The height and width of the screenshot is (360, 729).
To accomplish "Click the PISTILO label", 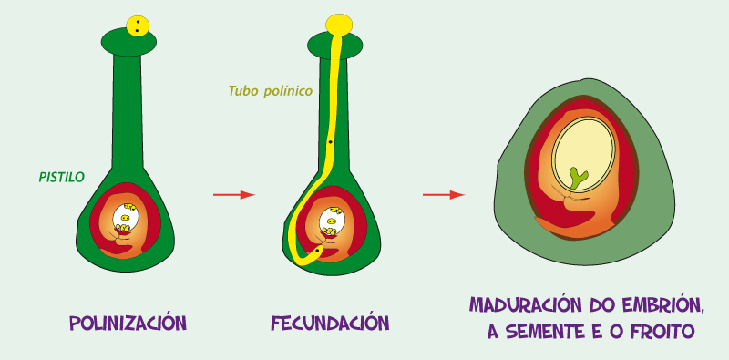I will click(61, 178).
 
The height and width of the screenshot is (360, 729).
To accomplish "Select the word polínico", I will click(289, 91).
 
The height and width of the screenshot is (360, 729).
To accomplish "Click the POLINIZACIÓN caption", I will click(128, 323).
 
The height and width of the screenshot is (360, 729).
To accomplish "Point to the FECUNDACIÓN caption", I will click(330, 323).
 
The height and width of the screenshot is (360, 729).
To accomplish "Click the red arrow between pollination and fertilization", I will click(233, 194).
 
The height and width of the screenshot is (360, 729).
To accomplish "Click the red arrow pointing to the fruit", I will click(445, 194).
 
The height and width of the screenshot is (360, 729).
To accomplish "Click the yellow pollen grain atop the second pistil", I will click(339, 24).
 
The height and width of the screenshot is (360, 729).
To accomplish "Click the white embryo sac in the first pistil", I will click(127, 219).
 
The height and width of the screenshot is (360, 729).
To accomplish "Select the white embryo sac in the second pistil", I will click(330, 220).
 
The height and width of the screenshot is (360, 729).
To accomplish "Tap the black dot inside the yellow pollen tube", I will click(330, 143).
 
